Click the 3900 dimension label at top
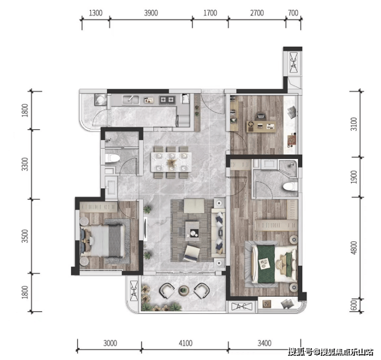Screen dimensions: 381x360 coord(151,13)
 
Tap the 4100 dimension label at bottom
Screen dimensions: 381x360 coord(186,343)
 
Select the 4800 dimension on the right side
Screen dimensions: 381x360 coord(354,247)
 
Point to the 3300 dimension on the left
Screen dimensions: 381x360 coord(25,164)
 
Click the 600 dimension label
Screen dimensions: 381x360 coord(354,305)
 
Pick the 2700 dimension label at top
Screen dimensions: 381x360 coord(257,13)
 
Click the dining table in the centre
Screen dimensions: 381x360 coord(171,162)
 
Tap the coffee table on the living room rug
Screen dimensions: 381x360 coord(192,231)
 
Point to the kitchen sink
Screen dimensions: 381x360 coord(131,100)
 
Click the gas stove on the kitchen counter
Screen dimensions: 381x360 coord(167,100)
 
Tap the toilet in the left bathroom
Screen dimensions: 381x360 coord(112,158)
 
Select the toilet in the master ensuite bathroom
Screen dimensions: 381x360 coord(290,187)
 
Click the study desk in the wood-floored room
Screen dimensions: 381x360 coord(261,127)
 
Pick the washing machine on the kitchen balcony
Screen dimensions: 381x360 coord(100,100)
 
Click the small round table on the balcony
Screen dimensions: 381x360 coord(184,290)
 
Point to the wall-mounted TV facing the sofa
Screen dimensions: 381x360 coord(145,229)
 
